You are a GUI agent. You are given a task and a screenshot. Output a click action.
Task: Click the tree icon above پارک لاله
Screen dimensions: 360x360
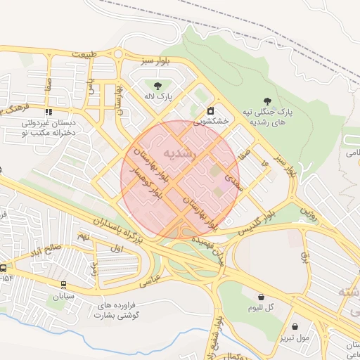[x=158, y=85]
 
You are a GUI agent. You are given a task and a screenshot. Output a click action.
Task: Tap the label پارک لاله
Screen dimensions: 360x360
[x=158, y=96]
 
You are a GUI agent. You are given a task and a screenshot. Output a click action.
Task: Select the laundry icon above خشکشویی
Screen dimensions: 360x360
[x=210, y=111]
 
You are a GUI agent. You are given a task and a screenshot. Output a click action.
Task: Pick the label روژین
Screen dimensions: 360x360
[x=309, y=211]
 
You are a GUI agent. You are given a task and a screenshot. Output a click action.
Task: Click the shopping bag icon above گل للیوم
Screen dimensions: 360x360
[x=261, y=297]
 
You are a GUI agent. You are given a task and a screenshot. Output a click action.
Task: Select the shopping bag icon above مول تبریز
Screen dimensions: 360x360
[x=295, y=327]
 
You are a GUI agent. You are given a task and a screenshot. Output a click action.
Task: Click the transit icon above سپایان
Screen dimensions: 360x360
[x=64, y=285]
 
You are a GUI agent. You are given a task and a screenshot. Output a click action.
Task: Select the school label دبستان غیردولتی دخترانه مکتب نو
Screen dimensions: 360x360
[x=49, y=127]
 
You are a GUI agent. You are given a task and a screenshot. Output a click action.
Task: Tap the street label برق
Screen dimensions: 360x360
[x=306, y=255]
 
